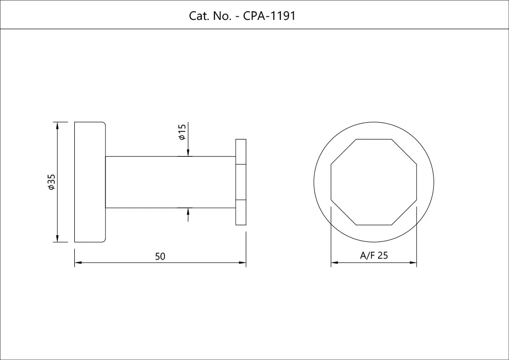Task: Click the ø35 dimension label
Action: pos(51,182)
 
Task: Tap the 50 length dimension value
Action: pos(160,257)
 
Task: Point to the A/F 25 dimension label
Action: pos(374,256)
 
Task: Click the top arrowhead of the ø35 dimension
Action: pos(58,125)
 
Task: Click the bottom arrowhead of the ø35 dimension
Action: pos(58,239)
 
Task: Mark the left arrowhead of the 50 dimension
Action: pos(78,263)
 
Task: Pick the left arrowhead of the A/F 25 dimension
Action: pos(334,263)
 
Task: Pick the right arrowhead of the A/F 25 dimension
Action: pos(414,263)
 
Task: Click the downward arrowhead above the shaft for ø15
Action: pos(188,152)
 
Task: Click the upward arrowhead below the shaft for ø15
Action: pos(188,211)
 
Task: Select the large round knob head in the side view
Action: pos(90,182)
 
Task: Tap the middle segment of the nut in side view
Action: pos(241,182)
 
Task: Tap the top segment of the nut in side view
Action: pos(241,151)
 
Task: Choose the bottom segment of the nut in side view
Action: pos(241,212)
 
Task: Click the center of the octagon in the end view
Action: pos(374,182)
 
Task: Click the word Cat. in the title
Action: pos(198,16)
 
